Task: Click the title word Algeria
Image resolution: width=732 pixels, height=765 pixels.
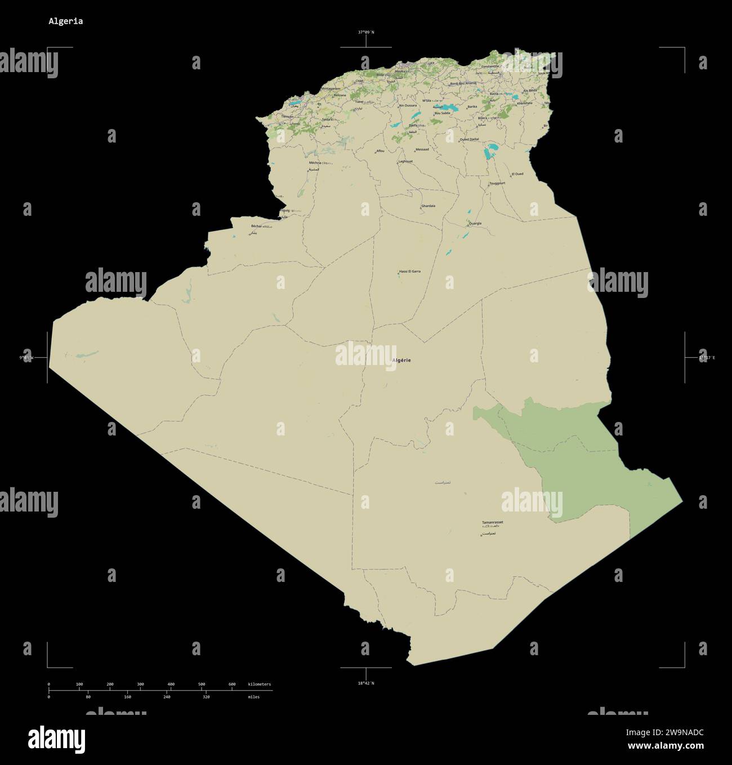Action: [65, 21]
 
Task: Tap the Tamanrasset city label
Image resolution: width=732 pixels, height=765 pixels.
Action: [493, 522]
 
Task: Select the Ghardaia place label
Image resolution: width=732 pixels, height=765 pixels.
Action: [428, 206]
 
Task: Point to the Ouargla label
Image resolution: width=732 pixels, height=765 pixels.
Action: [475, 223]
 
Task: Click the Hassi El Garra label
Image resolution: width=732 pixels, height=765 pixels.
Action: [410, 272]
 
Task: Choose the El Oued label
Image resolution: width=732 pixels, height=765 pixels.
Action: [517, 174]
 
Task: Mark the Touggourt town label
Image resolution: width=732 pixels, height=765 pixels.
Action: [497, 183]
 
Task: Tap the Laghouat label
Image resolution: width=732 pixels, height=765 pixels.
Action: [405, 161]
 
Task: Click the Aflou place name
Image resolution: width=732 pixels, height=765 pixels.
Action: [380, 151]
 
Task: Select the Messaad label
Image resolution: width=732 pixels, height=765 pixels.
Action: [422, 149]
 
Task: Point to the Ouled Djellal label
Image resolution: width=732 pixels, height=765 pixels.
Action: [469, 139]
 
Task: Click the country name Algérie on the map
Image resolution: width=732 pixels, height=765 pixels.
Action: [401, 360]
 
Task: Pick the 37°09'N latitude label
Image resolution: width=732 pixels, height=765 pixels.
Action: [366, 32]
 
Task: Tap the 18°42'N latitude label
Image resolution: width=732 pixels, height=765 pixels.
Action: [366, 683]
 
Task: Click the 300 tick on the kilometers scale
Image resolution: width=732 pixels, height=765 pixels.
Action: [140, 684]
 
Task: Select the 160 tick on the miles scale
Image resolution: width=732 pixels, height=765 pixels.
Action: [127, 697]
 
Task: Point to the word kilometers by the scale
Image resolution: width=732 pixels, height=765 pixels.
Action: [260, 684]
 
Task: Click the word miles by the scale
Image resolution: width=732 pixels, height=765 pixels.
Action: [253, 697]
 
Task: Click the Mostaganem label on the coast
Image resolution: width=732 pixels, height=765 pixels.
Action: [331, 88]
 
